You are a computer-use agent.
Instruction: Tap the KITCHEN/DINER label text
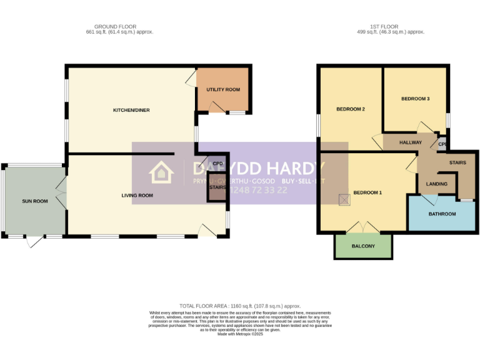[x=131, y=111]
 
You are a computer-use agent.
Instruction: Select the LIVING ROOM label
[x=137, y=196]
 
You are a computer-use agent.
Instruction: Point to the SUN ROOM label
[x=34, y=201]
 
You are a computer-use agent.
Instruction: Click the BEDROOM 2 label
[x=350, y=109]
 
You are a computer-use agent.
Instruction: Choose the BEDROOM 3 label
[x=415, y=99]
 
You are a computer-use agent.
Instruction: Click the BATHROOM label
[x=442, y=214]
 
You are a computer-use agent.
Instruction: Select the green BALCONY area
[x=363, y=246]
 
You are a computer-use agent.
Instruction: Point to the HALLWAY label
[x=411, y=142]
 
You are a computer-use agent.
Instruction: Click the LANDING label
[x=436, y=184]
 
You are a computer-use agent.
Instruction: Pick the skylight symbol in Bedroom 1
[x=344, y=199]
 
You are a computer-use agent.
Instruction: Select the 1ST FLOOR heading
[x=390, y=26]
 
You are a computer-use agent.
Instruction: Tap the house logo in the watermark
[x=161, y=173]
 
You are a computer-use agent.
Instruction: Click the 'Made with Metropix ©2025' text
[x=240, y=334]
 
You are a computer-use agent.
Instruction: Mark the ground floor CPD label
[x=217, y=164]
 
